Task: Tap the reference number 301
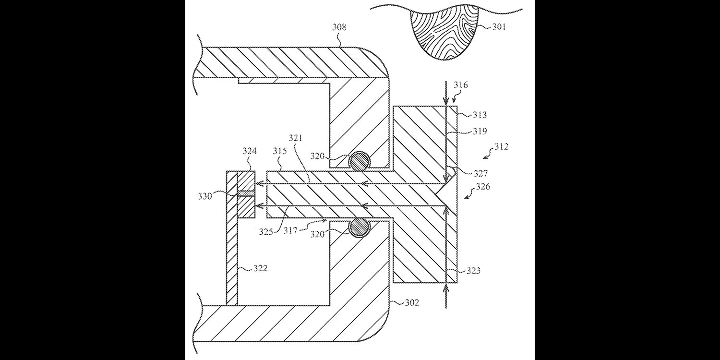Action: (x=499, y=27)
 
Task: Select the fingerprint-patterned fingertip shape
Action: (x=444, y=34)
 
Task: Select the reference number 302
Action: (x=412, y=303)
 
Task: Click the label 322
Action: (x=260, y=268)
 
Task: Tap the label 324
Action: (x=250, y=151)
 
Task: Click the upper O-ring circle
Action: (x=359, y=161)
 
